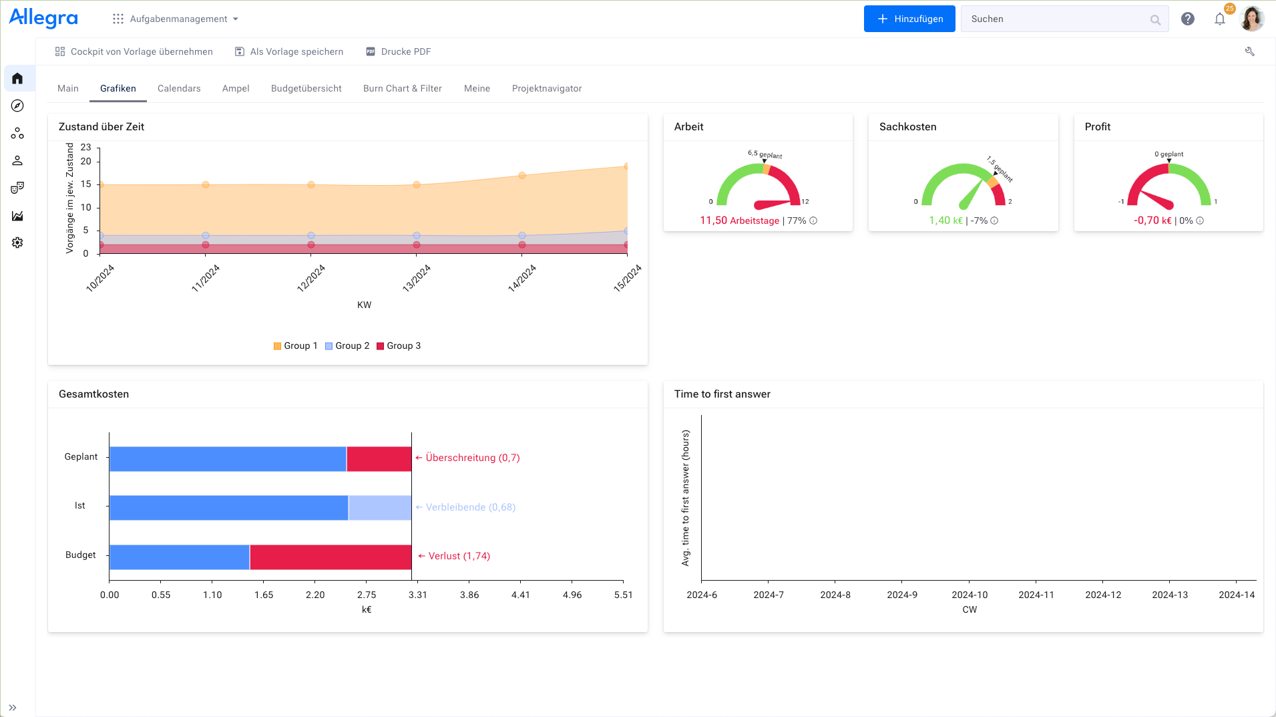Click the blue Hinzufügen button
point(909,19)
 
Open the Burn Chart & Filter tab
point(402,88)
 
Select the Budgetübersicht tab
point(306,88)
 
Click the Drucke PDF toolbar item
point(399,51)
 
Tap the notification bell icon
point(1219,19)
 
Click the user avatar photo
point(1251,19)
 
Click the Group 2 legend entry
point(347,345)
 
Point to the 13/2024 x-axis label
point(417,278)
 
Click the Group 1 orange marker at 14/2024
point(522,176)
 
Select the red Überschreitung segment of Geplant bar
point(379,459)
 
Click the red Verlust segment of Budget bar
point(331,557)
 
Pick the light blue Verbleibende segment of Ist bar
point(379,508)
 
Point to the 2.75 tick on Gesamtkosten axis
point(366,595)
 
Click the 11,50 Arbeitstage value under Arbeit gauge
point(739,221)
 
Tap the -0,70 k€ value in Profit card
point(1152,221)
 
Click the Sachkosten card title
point(907,127)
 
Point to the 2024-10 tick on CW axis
point(969,595)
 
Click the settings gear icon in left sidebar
point(17,243)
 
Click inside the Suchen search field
point(1055,19)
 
